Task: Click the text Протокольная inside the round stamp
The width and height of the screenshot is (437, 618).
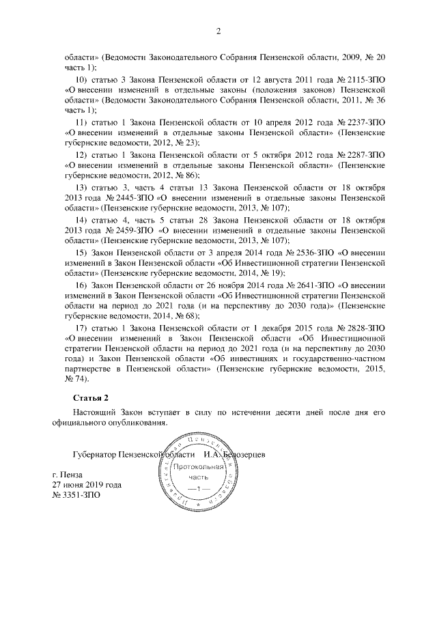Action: tap(195, 469)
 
